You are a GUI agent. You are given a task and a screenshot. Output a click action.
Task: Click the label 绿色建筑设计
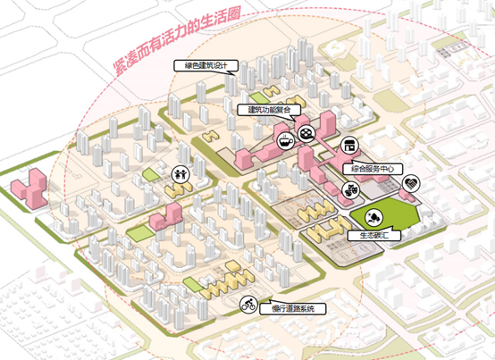[x=206, y=65]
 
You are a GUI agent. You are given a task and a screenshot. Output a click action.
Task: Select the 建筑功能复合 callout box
[x=269, y=110]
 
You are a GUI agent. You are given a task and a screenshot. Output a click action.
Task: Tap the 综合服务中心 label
[x=373, y=169]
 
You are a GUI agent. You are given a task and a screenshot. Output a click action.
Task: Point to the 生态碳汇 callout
[x=374, y=235]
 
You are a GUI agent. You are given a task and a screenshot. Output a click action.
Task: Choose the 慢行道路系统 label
[x=293, y=309]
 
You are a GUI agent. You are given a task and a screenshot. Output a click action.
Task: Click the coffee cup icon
[x=285, y=141]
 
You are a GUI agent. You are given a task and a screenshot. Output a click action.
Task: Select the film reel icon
[x=306, y=133]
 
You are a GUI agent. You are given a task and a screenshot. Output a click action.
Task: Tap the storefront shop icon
[x=349, y=146]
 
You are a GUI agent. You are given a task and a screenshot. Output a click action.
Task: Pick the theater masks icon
[x=351, y=190]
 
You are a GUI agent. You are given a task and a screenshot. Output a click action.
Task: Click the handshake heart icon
[x=411, y=184]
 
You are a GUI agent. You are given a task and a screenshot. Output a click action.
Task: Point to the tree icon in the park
[x=374, y=218]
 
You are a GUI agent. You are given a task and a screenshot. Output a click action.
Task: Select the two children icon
[x=180, y=174]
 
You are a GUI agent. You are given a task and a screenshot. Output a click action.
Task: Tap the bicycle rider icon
[x=248, y=306]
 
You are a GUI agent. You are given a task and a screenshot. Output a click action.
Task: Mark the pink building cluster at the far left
[x=29, y=188]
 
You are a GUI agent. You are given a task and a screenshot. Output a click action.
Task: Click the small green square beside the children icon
[x=151, y=175]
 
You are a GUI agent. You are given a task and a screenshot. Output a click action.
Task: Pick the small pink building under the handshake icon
[x=407, y=195]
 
